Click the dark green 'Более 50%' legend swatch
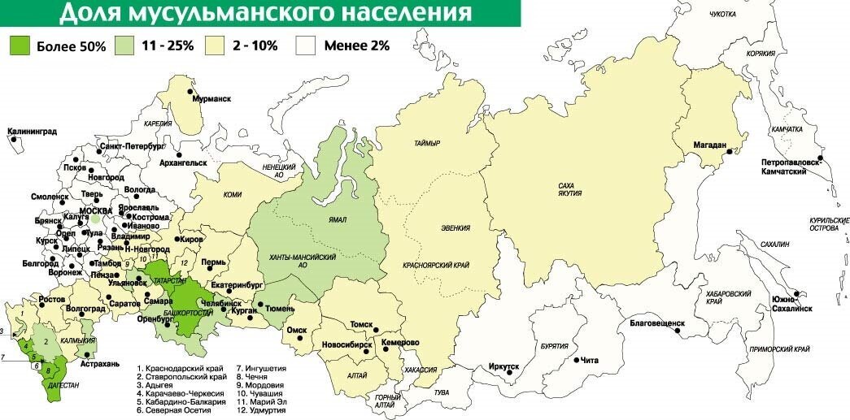[x=20, y=45]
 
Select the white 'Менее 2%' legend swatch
[x=305, y=45]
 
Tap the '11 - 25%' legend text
[x=168, y=45]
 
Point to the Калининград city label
[x=32, y=130]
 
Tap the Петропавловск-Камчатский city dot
[x=821, y=158]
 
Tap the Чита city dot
[x=576, y=360]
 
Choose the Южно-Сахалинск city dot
[x=800, y=293]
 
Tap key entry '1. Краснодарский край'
[x=181, y=368]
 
